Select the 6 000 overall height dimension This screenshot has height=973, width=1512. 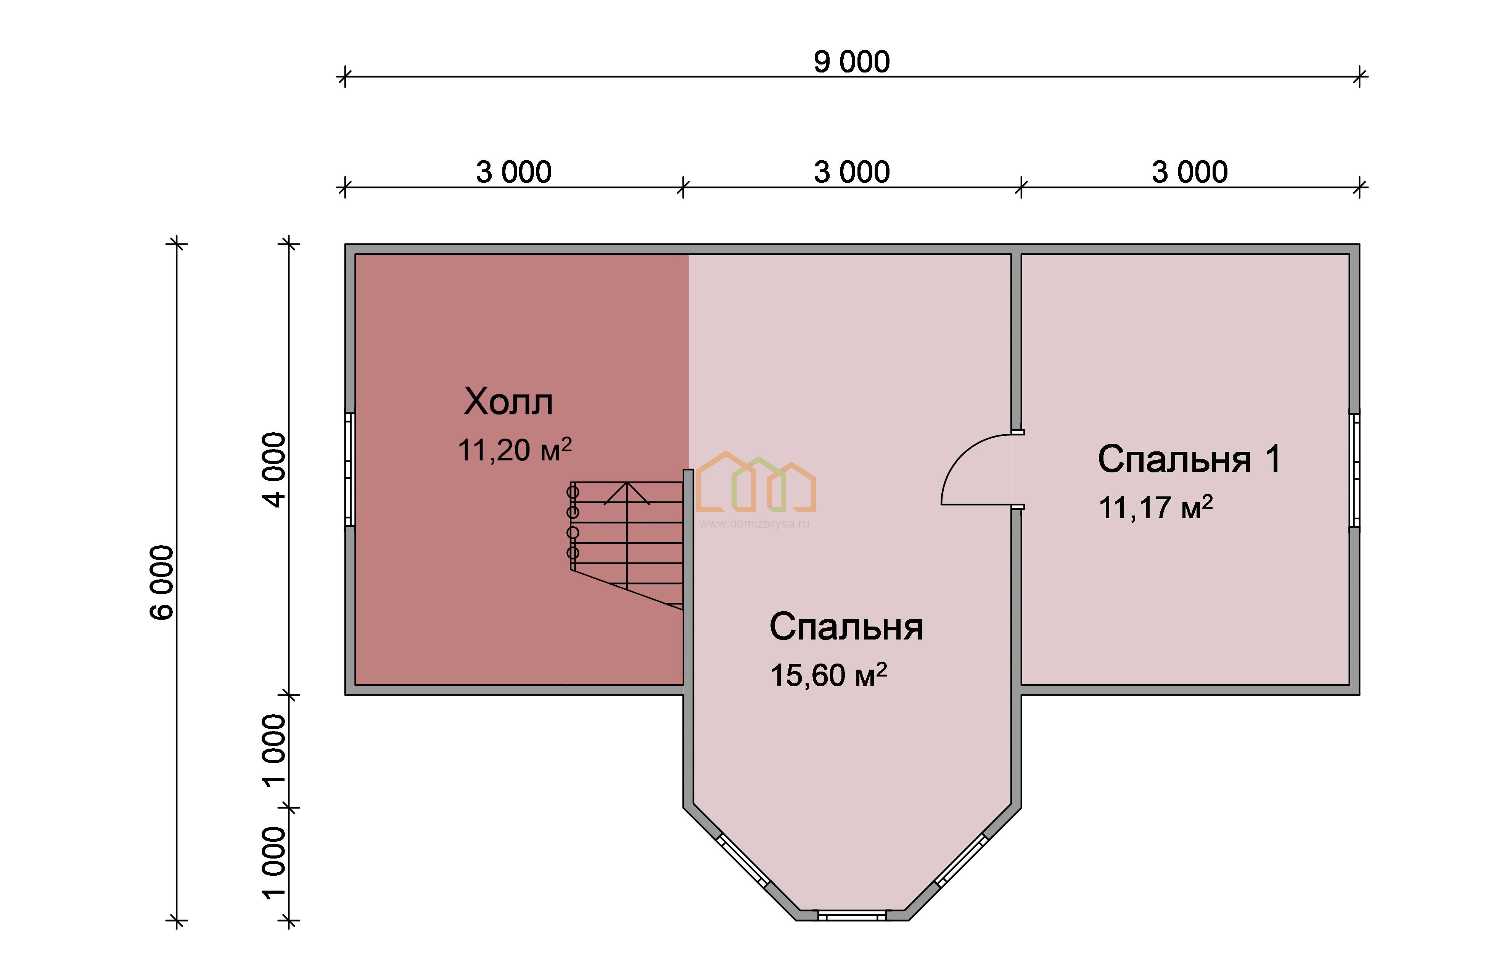[162, 582]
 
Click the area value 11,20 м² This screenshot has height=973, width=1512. [515, 450]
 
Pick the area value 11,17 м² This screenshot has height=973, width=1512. [1156, 507]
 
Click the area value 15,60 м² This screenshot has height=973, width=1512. [828, 675]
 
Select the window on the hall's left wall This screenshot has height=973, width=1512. [349, 469]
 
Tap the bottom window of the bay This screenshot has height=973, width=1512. [852, 915]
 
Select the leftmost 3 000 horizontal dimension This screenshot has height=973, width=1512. [513, 172]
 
